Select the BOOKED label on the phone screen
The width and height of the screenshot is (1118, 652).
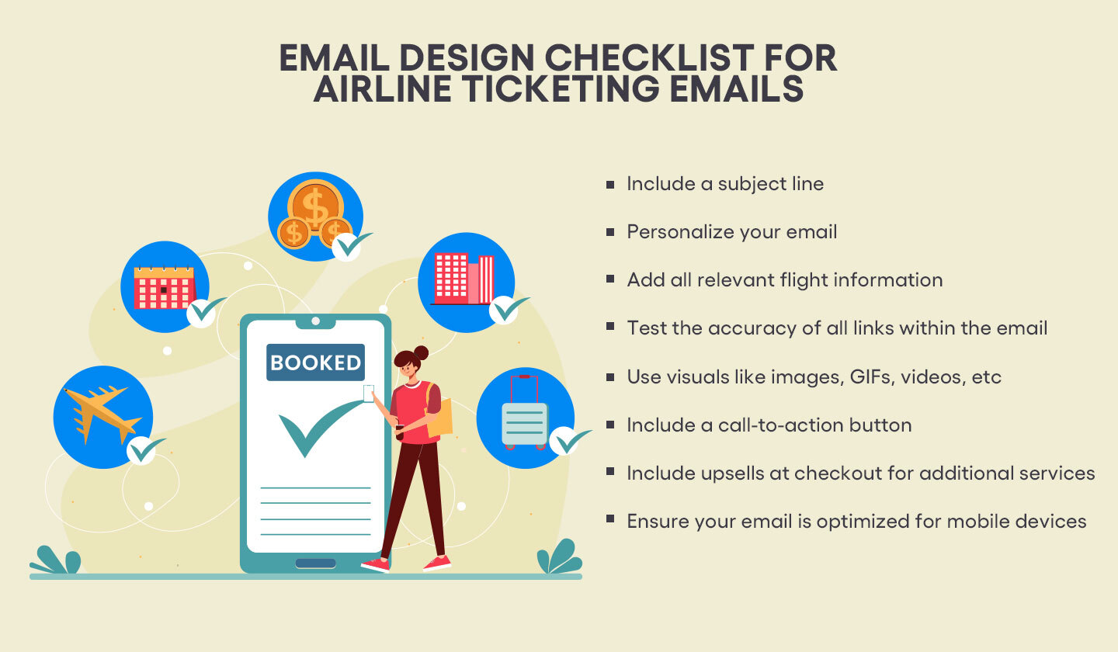pyautogui.click(x=315, y=362)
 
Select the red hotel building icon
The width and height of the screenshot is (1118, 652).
pyautogui.click(x=464, y=278)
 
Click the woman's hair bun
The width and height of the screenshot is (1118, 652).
pyautogui.click(x=421, y=353)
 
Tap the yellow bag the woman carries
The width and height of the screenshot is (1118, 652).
pyautogui.click(x=439, y=418)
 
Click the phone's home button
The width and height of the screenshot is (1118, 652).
pyautogui.click(x=315, y=564)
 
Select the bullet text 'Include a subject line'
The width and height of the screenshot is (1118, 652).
pyautogui.click(x=725, y=184)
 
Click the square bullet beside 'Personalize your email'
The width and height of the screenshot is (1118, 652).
pyautogui.click(x=610, y=231)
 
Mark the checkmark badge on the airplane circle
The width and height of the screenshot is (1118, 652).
pyautogui.click(x=142, y=449)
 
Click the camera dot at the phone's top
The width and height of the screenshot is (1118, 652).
pyautogui.click(x=315, y=321)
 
